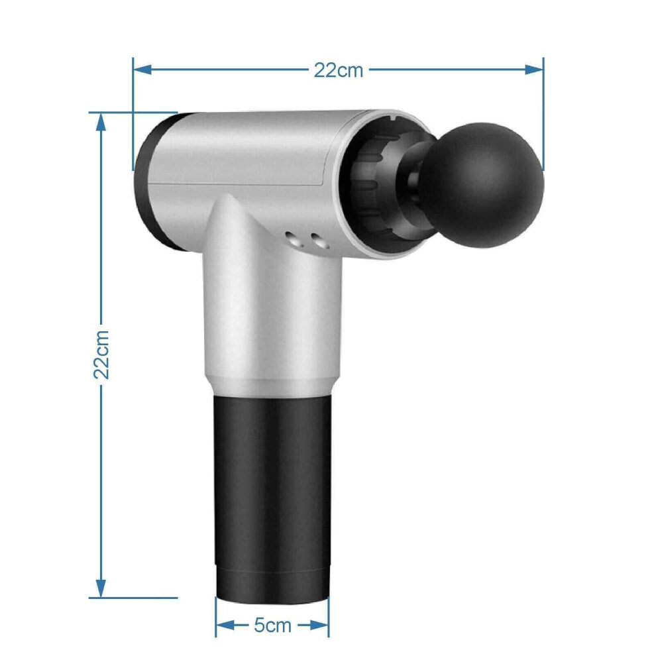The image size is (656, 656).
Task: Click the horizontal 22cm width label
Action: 339,70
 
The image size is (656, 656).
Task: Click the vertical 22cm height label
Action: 101,355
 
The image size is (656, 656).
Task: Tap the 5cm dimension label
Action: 272,626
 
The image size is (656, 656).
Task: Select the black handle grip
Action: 272,481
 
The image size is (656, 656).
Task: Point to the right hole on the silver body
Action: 319,241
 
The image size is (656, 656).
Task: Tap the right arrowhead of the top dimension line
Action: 534,70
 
